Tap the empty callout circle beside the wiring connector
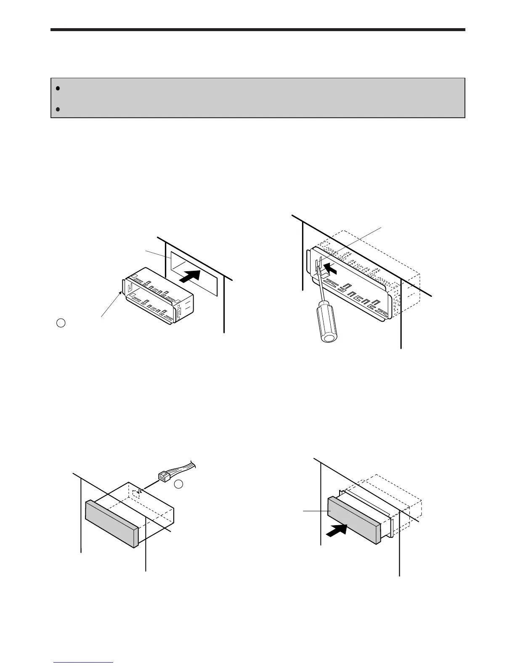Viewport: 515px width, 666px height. [179, 484]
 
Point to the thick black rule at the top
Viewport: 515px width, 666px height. [257, 30]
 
